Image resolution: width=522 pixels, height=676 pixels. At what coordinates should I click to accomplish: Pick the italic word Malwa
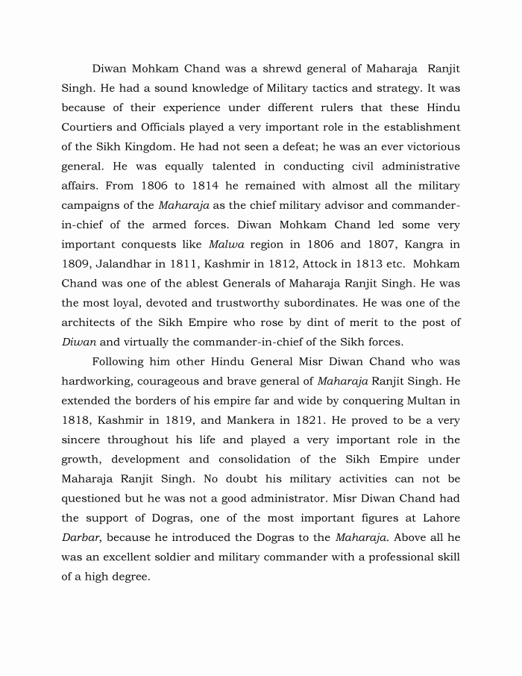tap(226, 244)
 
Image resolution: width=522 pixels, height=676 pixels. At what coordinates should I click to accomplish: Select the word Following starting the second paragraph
tap(122, 361)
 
